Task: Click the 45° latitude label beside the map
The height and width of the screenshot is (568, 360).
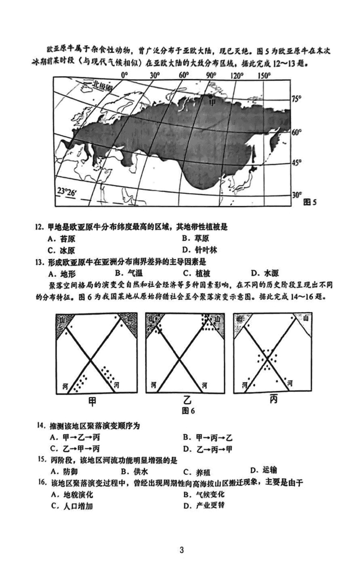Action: [x=297, y=163]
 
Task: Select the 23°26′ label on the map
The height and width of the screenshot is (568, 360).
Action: [x=67, y=191]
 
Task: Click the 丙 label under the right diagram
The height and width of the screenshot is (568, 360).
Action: [x=273, y=399]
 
